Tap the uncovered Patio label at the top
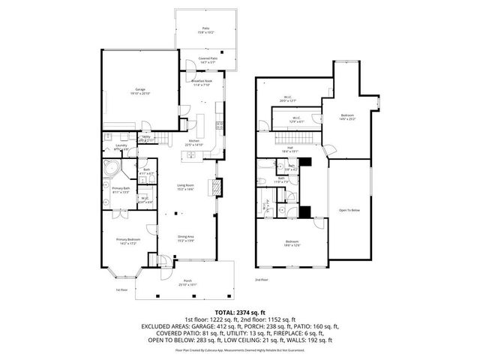(205, 30)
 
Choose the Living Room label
(185, 188)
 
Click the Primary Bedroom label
(127, 241)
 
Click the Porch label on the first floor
(187, 282)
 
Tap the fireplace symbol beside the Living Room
(218, 185)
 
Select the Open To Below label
(349, 210)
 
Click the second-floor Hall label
(289, 150)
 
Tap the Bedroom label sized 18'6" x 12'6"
(292, 243)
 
